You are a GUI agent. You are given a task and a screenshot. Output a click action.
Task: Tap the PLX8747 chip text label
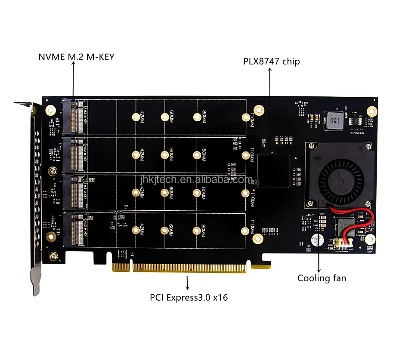pyautogui.click(x=271, y=61)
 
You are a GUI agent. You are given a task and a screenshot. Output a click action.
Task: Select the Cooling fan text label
pyautogui.click(x=322, y=278)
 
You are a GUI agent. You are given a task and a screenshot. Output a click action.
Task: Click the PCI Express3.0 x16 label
pyautogui.click(x=189, y=297)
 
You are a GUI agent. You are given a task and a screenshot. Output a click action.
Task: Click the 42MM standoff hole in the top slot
pyautogui.click(x=136, y=117)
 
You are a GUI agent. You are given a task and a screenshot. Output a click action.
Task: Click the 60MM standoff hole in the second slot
pyautogui.click(x=164, y=154)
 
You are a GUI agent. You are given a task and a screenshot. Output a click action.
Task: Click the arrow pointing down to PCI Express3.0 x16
pyautogui.click(x=187, y=282)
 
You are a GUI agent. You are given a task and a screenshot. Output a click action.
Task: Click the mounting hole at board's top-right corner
pyautogui.click(x=370, y=111)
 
